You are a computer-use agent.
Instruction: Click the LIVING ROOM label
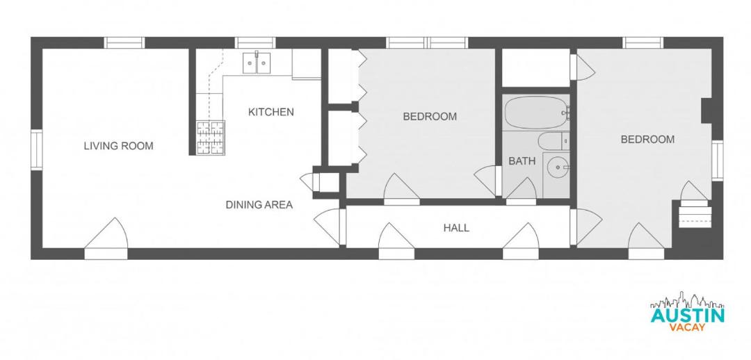(x=118, y=146)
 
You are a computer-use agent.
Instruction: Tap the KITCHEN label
(x=270, y=113)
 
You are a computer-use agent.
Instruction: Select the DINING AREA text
(x=259, y=205)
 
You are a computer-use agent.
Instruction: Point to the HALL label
(x=456, y=228)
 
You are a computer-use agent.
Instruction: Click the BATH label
(x=522, y=161)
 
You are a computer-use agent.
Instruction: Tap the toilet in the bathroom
(x=554, y=141)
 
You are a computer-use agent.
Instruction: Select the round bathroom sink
(x=556, y=167)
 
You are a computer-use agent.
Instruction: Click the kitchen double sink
(x=257, y=63)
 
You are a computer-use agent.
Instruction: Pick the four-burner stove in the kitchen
(x=210, y=138)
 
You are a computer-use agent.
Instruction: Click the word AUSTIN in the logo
(x=687, y=316)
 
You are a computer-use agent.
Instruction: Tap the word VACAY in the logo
(x=687, y=327)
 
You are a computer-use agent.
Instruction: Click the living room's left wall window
(x=37, y=150)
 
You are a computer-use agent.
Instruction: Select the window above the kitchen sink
(x=256, y=42)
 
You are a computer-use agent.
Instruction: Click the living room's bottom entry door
(x=106, y=238)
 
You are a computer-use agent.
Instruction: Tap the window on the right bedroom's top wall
(x=644, y=42)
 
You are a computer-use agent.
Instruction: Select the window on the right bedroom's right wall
(x=718, y=161)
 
